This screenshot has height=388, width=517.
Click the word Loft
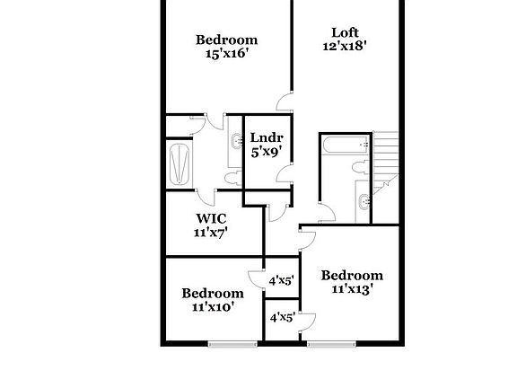click(x=345, y=32)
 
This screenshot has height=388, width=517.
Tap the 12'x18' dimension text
click(x=345, y=46)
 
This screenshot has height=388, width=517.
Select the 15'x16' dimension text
click(x=226, y=53)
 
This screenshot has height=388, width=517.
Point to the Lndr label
click(x=267, y=137)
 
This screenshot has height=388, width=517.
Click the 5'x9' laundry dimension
click(x=267, y=152)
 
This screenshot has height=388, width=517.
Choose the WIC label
click(x=211, y=218)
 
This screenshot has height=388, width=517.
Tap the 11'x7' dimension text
click(x=211, y=233)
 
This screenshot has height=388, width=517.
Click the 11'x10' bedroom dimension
click(x=213, y=307)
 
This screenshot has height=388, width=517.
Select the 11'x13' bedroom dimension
click(x=352, y=289)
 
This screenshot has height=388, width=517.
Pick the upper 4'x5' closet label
click(x=281, y=281)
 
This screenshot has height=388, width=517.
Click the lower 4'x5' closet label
click(x=282, y=318)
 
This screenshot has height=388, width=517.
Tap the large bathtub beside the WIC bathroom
click(x=180, y=164)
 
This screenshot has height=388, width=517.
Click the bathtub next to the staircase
click(x=346, y=145)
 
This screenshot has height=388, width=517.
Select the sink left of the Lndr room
click(x=236, y=141)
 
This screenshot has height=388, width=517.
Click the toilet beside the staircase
click(x=360, y=167)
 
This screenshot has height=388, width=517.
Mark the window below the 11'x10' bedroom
click(x=232, y=344)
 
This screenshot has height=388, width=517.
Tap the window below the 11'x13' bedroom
click(x=332, y=344)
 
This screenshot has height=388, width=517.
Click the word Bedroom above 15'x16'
click(x=226, y=40)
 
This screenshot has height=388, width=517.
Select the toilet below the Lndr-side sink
click(x=232, y=179)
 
